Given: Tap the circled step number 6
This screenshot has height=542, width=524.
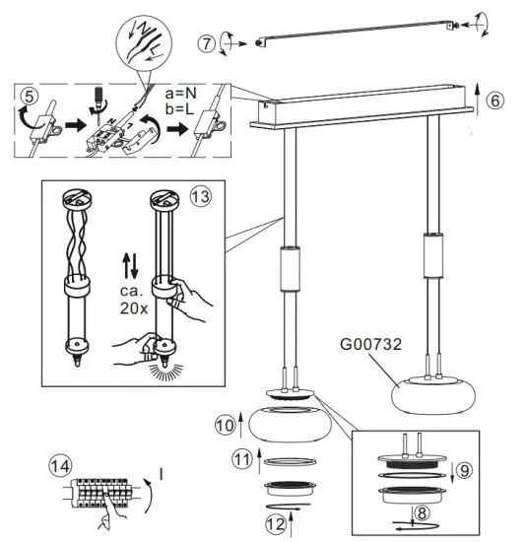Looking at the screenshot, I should click(495, 100).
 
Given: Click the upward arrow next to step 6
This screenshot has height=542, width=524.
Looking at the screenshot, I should click(477, 100).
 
